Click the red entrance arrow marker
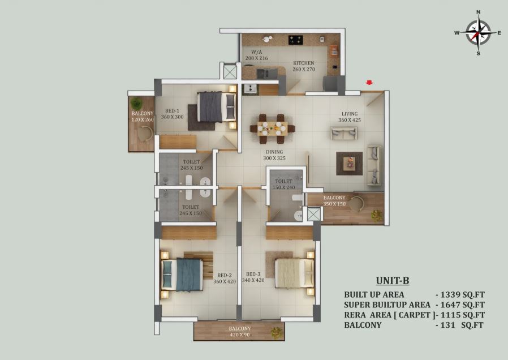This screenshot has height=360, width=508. tap(369, 83)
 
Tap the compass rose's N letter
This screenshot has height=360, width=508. tap(478, 12)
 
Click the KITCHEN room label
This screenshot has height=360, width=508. tap(304, 63)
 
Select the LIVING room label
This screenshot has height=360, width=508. tap(350, 114)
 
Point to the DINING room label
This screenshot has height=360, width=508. tap(274, 152)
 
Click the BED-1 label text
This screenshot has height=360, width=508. tap(172, 111)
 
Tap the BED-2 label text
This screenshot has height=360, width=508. tap(225, 276)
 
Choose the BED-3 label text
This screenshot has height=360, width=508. tap(253, 274)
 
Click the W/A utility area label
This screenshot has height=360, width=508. tap(257, 52)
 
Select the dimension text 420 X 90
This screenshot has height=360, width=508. tap(240, 335)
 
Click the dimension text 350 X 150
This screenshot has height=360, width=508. tap(334, 204)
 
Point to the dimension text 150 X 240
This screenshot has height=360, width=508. tap(284, 187)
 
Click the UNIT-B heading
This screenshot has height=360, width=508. tap(393, 280)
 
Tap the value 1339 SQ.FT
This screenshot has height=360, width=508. tap(462, 294)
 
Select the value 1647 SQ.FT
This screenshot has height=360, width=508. tap(462, 305)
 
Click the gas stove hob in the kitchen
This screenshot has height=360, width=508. tap(296, 40)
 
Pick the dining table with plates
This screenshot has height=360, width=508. tap(273, 128)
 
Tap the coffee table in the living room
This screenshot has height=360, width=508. tap(349, 164)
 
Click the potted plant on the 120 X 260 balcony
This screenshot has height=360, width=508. tap(136, 104)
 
